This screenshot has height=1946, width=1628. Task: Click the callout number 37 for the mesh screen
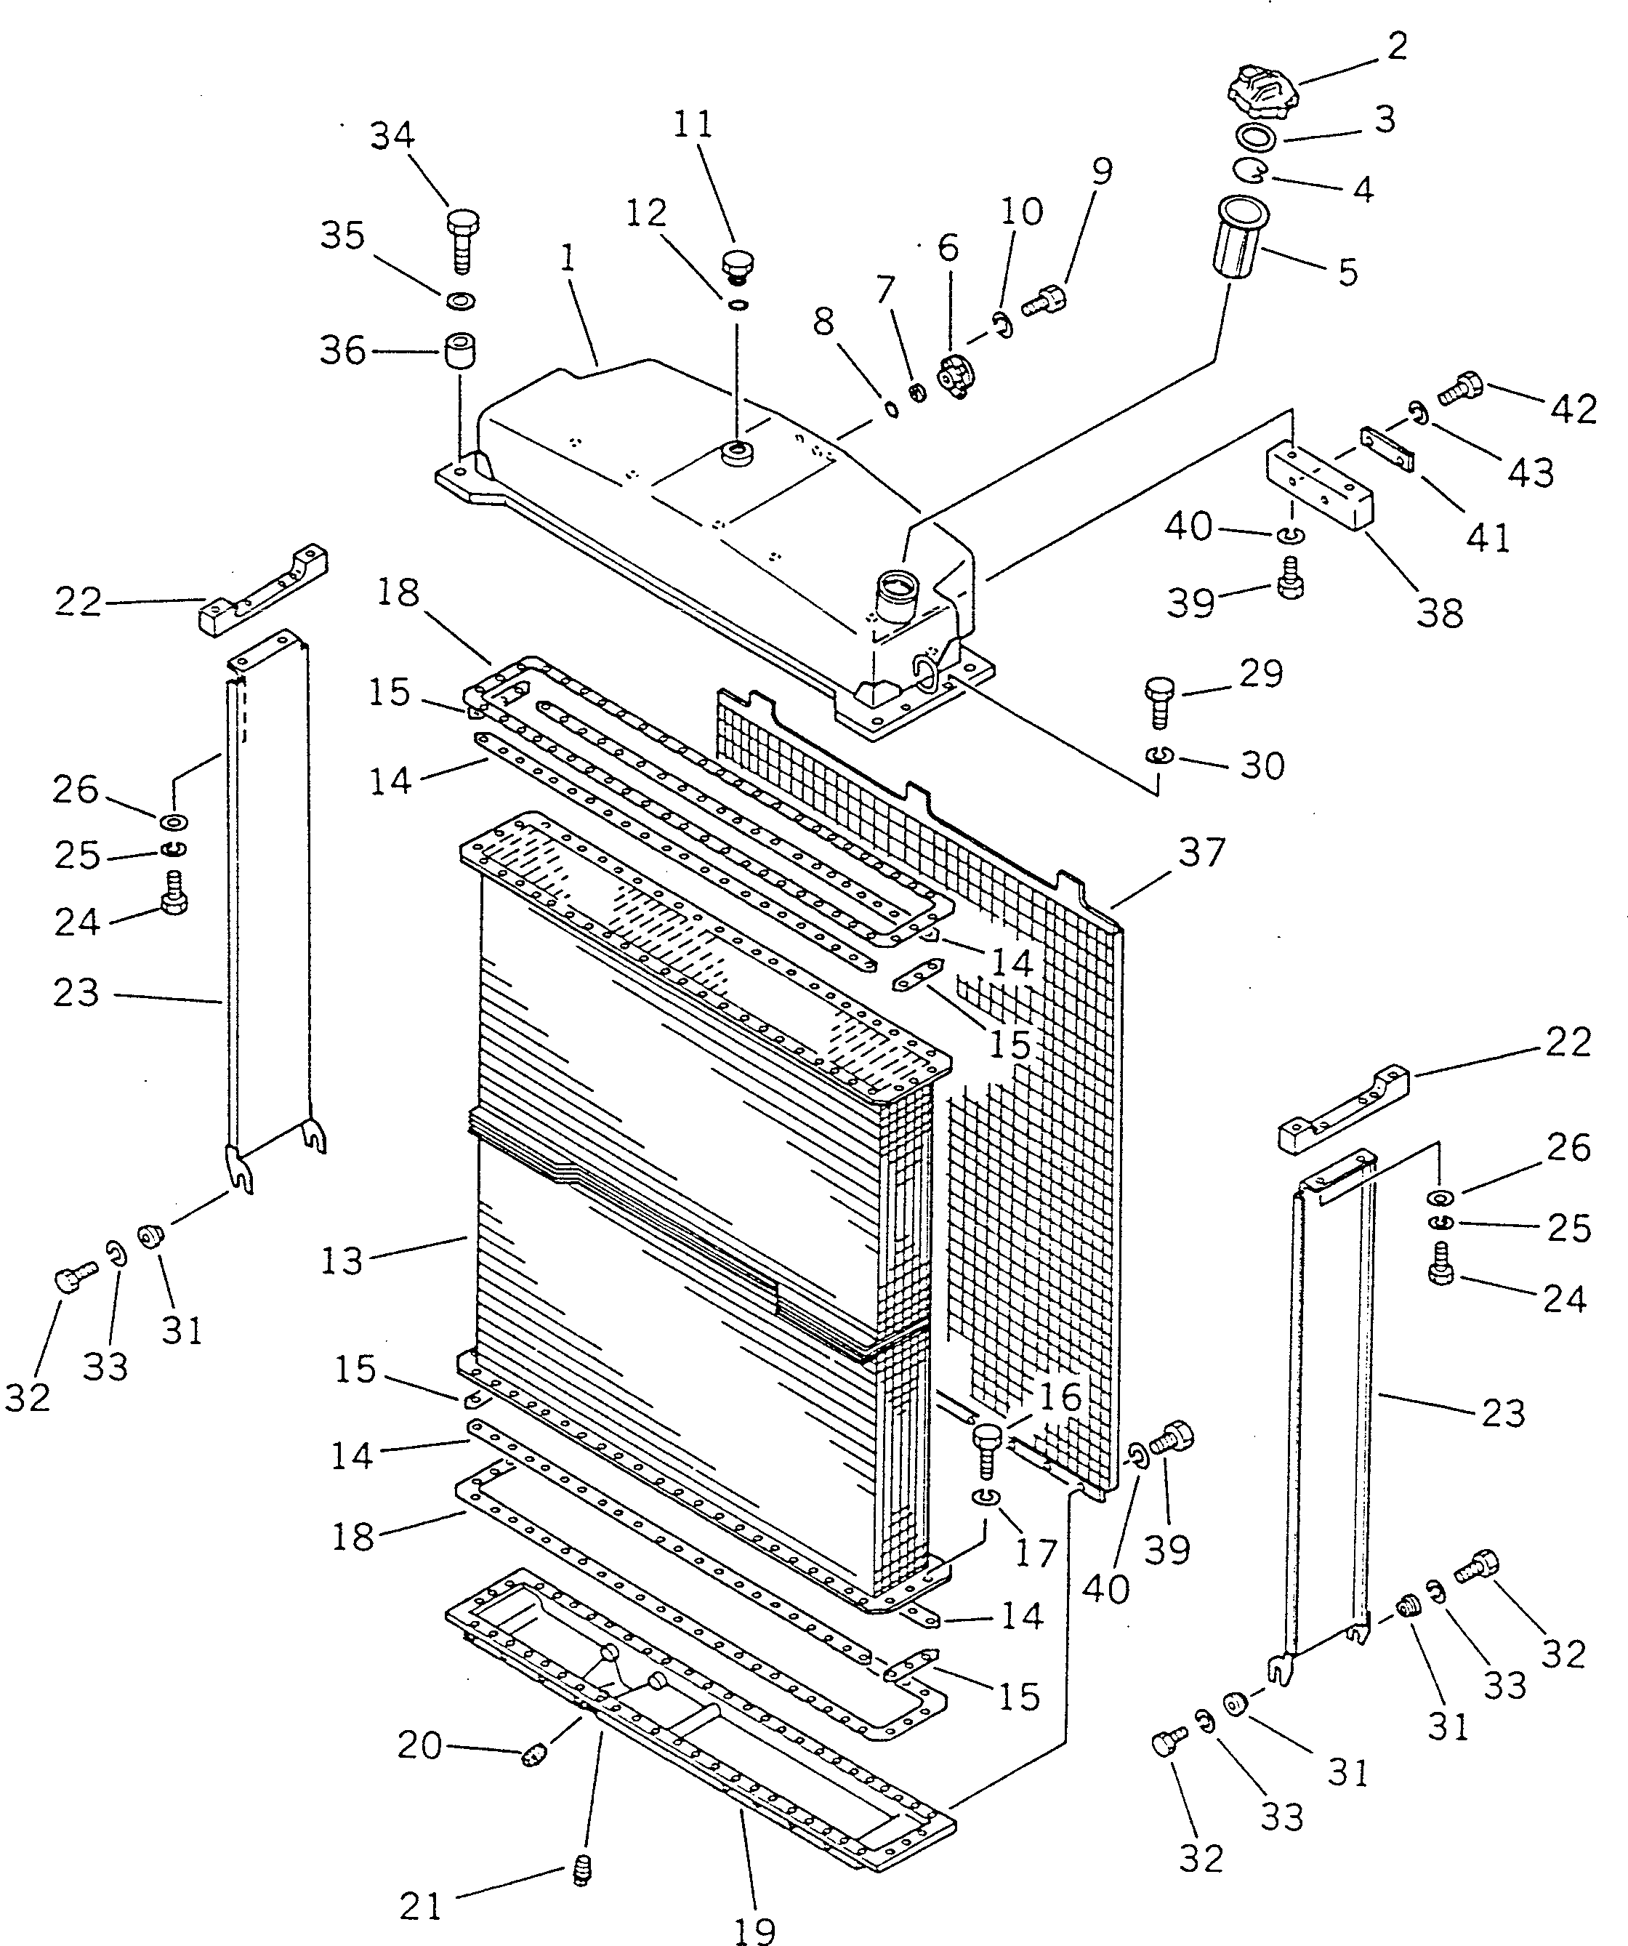pos(1202,852)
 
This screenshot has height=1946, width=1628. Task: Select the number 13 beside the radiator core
pos(341,1261)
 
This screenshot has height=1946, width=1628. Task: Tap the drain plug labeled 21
pos(583,1869)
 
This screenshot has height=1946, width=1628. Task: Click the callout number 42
pos(1574,409)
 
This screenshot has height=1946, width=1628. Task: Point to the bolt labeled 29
pos(1160,704)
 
